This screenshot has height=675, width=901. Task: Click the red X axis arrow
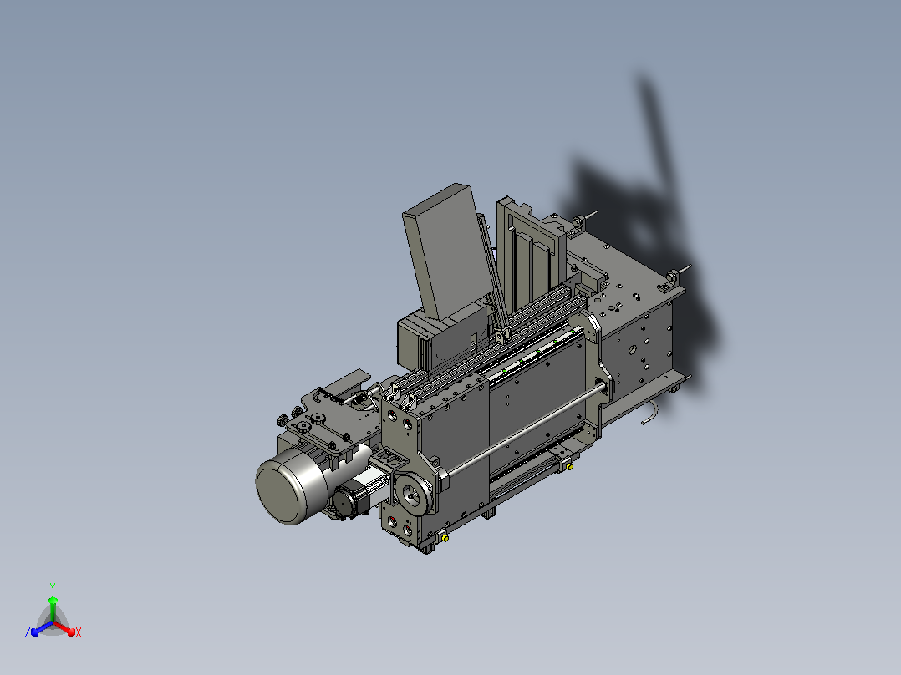point(64,628)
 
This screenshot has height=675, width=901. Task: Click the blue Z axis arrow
point(42,629)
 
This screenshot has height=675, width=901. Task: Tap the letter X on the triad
point(79,632)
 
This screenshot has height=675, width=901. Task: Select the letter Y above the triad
point(53,587)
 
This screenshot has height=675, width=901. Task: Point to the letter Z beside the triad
point(27,632)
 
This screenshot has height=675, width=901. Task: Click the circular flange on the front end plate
point(413,494)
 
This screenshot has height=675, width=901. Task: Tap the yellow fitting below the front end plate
point(445,538)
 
